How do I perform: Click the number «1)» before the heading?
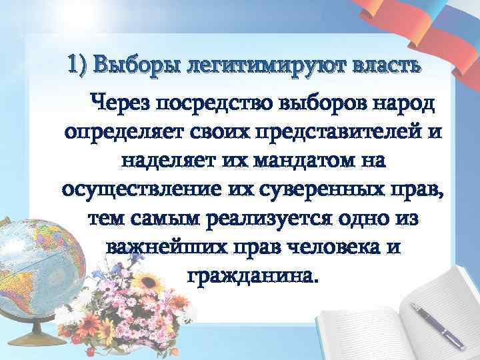79,67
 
